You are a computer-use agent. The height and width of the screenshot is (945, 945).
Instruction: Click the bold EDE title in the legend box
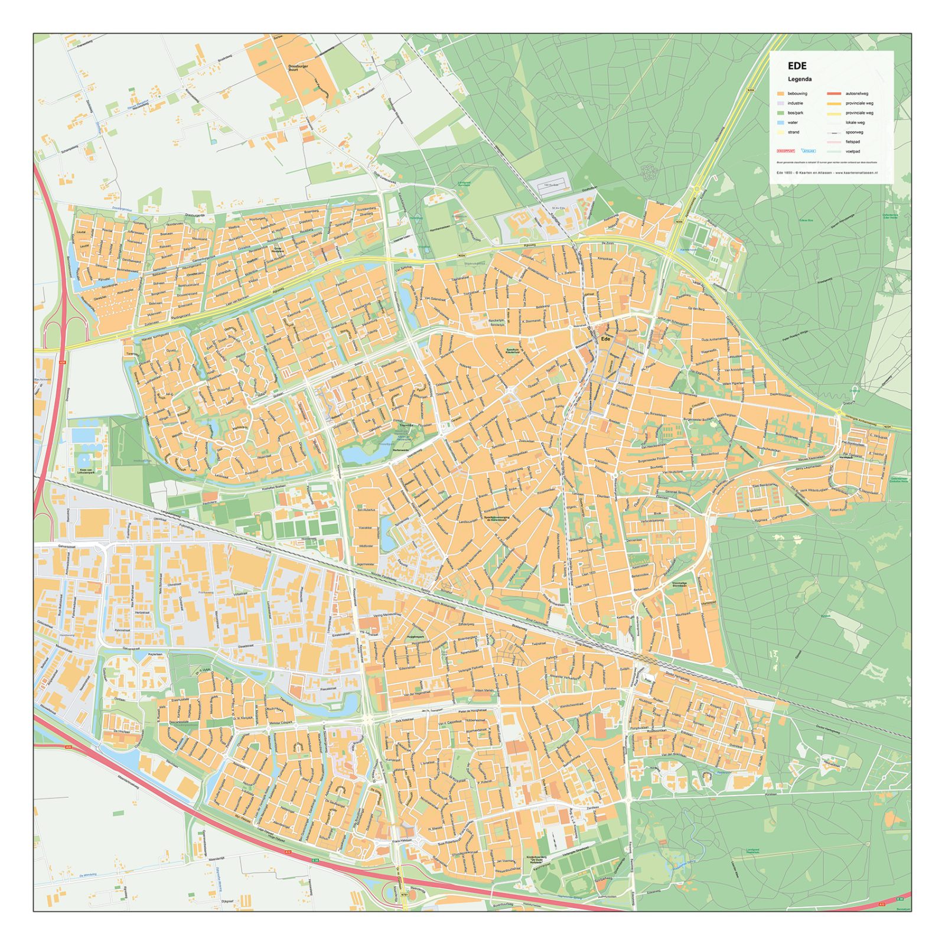[x=797, y=66]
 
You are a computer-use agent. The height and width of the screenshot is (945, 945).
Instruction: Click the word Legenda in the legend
[x=800, y=79]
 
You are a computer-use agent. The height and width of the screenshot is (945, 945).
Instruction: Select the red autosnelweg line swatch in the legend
[x=833, y=94]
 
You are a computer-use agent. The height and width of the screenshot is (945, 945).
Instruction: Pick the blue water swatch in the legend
[x=780, y=123]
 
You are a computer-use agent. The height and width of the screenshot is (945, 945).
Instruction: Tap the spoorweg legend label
[x=854, y=132]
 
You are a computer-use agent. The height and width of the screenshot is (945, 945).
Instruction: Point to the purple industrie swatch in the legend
[x=780, y=103]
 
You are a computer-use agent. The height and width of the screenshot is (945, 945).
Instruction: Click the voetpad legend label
[x=853, y=152]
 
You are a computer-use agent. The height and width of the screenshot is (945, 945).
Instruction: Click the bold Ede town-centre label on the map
[x=605, y=340]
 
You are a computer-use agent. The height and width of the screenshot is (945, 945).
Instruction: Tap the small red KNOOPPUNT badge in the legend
[x=786, y=151]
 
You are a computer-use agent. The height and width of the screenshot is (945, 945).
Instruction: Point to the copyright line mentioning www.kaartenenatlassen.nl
[x=827, y=172]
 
